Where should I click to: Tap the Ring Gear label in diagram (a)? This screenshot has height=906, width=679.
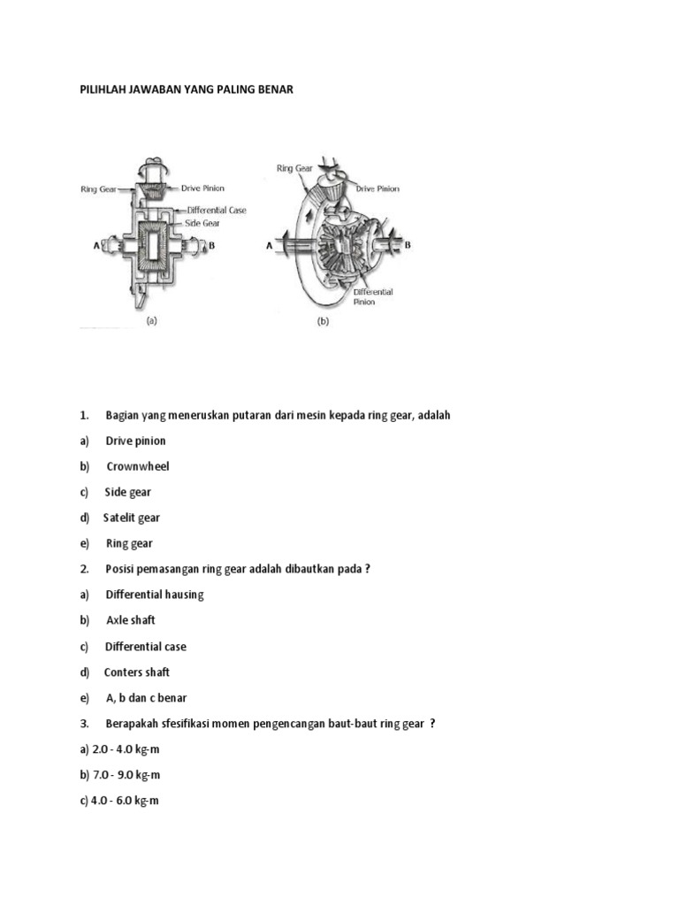99,188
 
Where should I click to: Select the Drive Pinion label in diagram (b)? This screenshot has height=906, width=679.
378,188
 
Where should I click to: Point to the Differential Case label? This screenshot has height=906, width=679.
217,211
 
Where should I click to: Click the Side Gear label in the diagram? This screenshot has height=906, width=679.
205,224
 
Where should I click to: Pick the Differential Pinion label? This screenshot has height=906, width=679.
373,296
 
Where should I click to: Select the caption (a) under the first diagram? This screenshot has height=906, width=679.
151,322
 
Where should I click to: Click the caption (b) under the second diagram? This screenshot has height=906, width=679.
323,322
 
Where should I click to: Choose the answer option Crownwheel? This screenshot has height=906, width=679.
138,466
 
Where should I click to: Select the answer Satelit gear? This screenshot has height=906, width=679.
132,518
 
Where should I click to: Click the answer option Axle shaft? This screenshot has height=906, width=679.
131,620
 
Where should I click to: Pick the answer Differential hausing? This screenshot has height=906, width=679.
155,595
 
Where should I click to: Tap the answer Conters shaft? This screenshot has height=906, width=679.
137,672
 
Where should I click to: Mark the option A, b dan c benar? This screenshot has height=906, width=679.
146,698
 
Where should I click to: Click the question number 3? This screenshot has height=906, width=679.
85,724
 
